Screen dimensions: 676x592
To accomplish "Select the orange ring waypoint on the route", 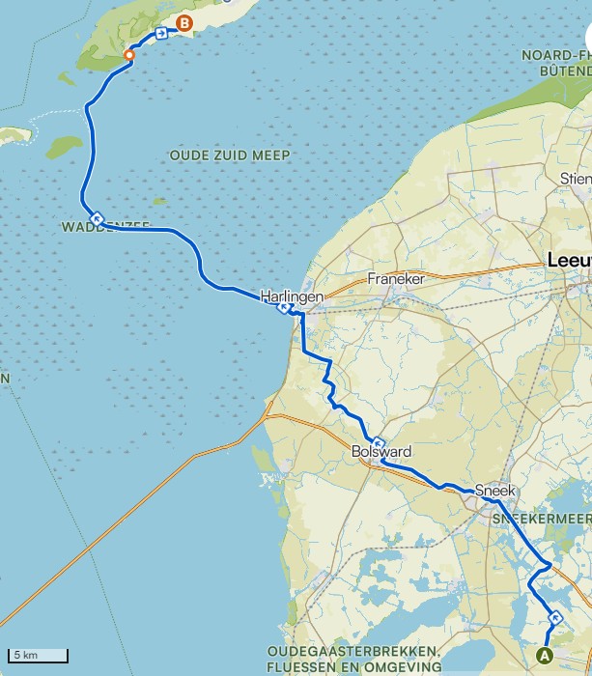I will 129,55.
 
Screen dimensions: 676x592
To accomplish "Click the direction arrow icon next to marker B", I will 160,33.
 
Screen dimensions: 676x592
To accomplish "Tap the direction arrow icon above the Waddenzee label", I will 98,216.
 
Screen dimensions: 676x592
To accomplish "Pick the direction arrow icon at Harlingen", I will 284,309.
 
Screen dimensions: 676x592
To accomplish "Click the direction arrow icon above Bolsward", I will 379,443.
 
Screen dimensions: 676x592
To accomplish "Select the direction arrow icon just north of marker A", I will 554,617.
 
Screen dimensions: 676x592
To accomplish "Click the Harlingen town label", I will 291,296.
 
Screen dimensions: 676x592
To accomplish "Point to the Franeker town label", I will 396,278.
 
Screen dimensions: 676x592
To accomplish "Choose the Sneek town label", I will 495,490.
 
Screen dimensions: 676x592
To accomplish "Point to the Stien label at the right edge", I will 575,179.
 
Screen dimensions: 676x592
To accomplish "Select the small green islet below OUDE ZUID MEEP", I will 159,201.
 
